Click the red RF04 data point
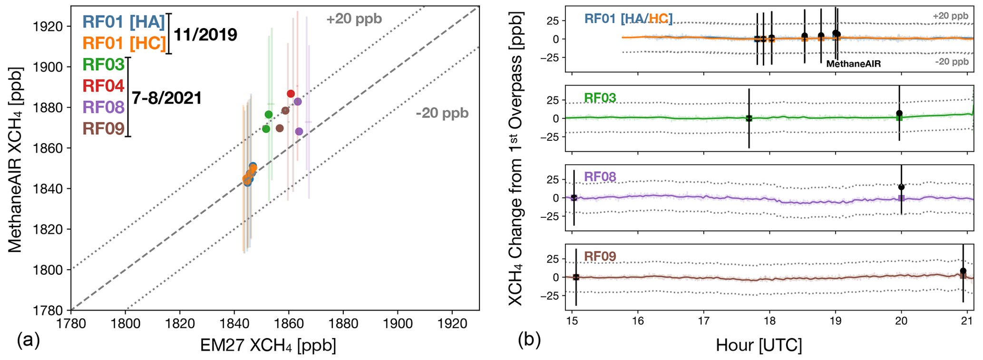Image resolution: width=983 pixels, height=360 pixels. (x=291, y=94)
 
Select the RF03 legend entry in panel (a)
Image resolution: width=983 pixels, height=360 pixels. (x=103, y=65)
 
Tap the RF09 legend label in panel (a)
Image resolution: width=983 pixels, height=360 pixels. (x=103, y=128)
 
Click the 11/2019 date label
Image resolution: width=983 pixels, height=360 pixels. (x=205, y=35)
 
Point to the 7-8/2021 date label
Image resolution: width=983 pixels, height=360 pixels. (x=166, y=98)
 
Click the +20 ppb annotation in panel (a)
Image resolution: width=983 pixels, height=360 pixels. (x=354, y=19)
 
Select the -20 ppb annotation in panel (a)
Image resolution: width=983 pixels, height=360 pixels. (x=442, y=113)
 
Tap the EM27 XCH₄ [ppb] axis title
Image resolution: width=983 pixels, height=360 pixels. (x=268, y=346)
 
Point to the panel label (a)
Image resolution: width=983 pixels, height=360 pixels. (x=28, y=341)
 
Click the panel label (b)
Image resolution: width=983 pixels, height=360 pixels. (x=529, y=341)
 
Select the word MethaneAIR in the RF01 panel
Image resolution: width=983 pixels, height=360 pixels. (x=853, y=64)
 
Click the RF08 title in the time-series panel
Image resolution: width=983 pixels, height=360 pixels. (x=600, y=177)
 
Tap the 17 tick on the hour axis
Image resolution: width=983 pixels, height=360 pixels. (x=703, y=321)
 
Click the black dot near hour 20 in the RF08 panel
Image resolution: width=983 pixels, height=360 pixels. (x=901, y=187)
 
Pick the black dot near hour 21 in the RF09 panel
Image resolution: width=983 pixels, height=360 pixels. (x=963, y=271)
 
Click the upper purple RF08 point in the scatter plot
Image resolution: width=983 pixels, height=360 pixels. (x=298, y=101)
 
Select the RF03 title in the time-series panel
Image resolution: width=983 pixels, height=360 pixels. (x=600, y=98)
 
